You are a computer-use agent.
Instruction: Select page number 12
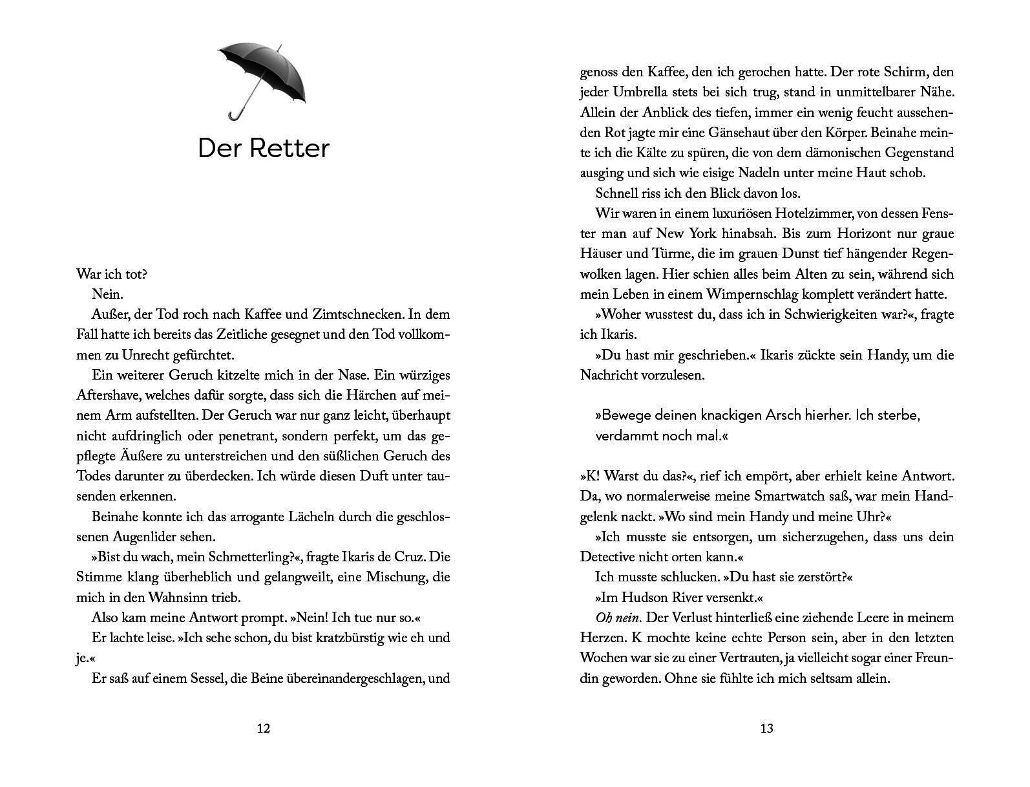coord(263,729)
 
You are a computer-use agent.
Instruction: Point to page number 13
coord(766,729)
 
